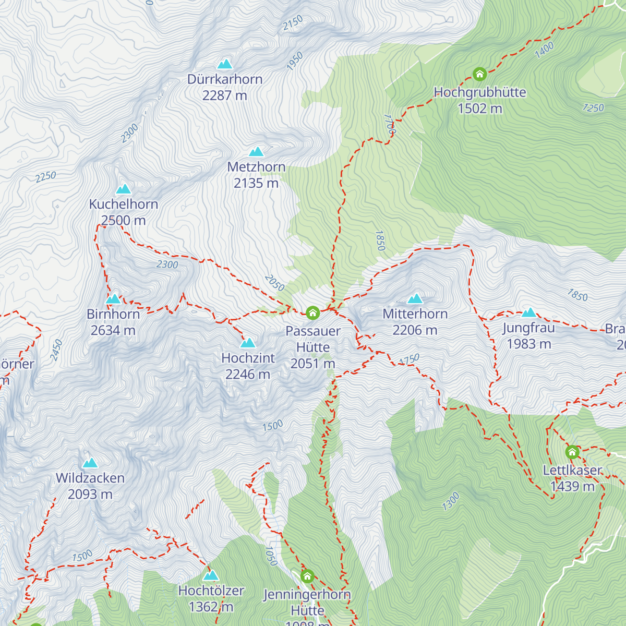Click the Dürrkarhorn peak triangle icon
coord(225,64)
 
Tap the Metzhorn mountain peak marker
coord(256,152)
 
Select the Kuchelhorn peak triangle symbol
coord(124,189)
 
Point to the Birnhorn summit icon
coord(113,299)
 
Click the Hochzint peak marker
coord(248,343)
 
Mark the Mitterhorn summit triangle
coord(415,298)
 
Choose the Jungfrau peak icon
coord(529,312)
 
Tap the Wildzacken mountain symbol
coord(90,463)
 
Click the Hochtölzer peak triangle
coord(211,575)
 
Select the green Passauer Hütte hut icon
coord(312,312)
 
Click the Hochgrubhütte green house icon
coord(479,74)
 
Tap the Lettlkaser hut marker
coord(572,452)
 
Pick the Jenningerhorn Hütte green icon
coord(307,576)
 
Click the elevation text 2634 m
coord(113,330)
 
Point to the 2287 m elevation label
coord(225,95)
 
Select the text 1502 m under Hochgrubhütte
coord(480,109)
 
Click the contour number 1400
coord(544,50)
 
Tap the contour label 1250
coord(593,108)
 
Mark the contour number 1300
coord(451,501)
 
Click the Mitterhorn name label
coord(415,314)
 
